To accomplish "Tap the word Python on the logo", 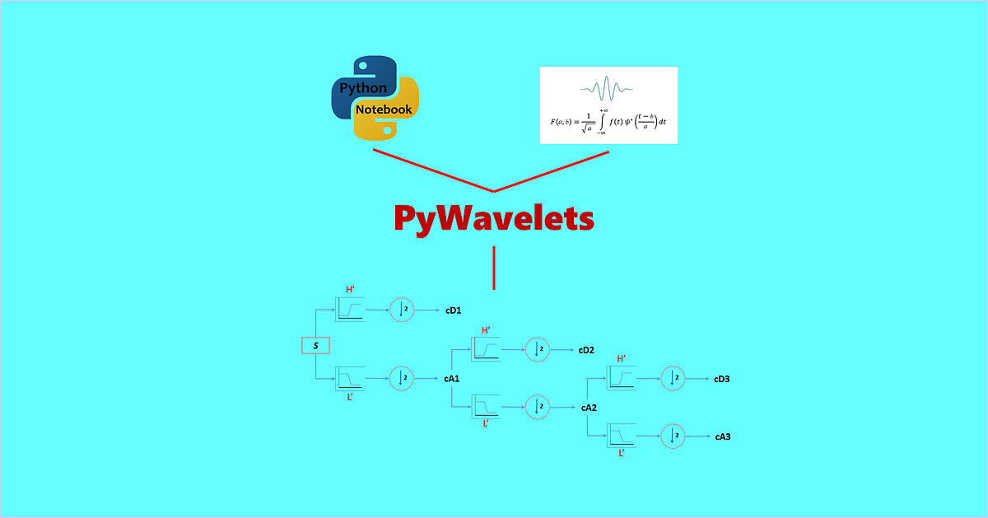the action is pos(363,87).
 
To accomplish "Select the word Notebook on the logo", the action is pos(384,110).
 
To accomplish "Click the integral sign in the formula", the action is pos(603,121).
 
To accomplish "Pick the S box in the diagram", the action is pos(315,345).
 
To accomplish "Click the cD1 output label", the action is pos(453,310).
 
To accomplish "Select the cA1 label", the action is pos(451,379).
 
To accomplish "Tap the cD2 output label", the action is pos(586,350).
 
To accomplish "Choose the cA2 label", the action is pos(588,408).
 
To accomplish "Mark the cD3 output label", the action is pos(722,379).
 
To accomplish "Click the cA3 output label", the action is pos(722,436).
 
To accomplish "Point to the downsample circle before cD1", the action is pos(402,310).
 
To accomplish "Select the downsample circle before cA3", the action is pos(673,436).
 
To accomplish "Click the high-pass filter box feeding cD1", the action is pos(349,309).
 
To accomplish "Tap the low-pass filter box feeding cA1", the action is pos(349,379).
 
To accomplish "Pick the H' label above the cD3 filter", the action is pos(622,359).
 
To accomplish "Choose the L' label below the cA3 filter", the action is pos(622,452).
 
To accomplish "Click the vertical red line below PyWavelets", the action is pos(494,268).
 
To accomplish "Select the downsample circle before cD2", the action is pos(537,349).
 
